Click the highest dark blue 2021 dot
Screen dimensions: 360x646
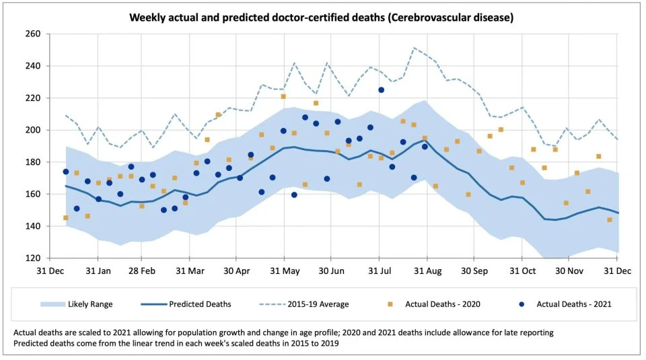(x=381, y=89)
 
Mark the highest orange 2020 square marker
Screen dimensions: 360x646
(x=283, y=96)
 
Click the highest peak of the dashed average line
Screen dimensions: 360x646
(x=415, y=48)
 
